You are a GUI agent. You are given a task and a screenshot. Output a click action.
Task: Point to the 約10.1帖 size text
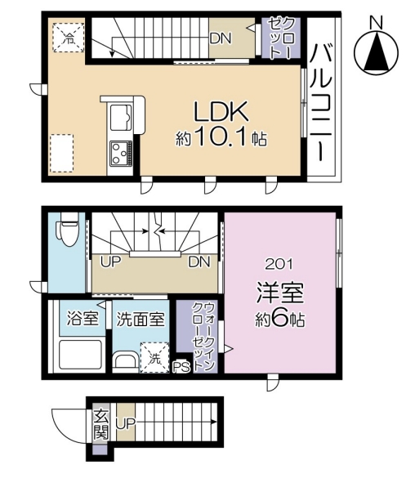(221, 138)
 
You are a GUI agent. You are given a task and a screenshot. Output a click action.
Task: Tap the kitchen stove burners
(122, 152)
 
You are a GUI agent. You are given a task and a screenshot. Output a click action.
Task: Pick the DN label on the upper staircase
(219, 38)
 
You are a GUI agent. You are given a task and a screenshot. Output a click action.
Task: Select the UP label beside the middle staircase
(109, 263)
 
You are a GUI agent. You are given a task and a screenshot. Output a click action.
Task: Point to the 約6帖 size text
(278, 320)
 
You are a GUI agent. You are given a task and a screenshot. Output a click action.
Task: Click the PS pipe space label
(181, 367)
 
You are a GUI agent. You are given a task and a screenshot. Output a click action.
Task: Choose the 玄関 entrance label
(100, 423)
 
